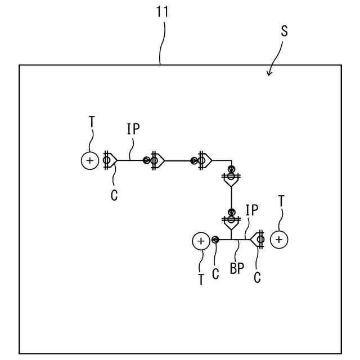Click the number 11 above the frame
[163, 11]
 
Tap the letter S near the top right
[284, 31]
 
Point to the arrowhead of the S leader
[269, 74]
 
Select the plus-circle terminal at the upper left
[89, 161]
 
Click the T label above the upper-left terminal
[92, 121]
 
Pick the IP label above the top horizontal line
[133, 129]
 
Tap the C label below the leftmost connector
[114, 197]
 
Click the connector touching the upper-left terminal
[109, 161]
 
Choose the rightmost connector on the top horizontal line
[202, 161]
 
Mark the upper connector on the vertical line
[231, 177]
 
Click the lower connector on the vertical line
[231, 219]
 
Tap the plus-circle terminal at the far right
[279, 240]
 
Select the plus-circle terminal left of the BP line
[200, 241]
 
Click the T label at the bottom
[200, 280]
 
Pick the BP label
[237, 269]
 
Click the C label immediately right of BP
[257, 277]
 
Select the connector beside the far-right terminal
[259, 240]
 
